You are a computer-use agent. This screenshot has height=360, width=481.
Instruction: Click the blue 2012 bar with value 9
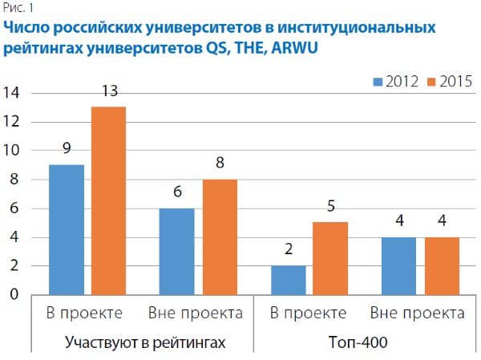[x=67, y=229]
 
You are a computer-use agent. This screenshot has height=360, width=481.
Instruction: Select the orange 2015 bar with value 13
[x=108, y=200]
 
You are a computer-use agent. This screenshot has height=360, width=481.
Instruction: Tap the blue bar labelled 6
[x=178, y=251]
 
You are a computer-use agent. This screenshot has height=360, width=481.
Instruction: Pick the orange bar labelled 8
[x=219, y=237]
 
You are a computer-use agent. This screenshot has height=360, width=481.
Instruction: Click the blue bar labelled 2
[x=289, y=280]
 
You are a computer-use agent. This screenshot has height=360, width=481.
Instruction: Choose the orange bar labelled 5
[x=330, y=258]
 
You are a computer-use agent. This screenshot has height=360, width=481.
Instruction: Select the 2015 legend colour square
[x=429, y=80]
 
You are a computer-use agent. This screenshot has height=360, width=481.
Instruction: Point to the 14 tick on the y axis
[x=12, y=93]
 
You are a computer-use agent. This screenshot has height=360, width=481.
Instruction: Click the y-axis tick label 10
[x=12, y=151]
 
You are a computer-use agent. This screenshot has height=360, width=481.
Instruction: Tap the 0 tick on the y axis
[x=15, y=295]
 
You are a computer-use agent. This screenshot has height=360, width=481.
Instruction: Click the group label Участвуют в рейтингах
[x=144, y=342]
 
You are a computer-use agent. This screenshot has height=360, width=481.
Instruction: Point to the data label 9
[x=67, y=148]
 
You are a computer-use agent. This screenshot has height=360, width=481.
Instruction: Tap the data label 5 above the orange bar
[x=330, y=206]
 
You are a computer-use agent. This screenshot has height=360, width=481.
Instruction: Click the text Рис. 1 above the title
[x=16, y=8]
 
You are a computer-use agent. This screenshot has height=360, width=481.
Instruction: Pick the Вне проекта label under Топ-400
[x=414, y=312]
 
